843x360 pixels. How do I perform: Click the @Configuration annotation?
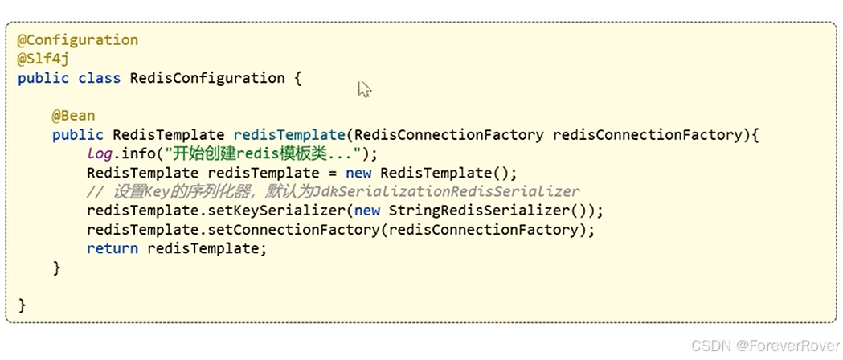(77, 40)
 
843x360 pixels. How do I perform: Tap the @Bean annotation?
(73, 116)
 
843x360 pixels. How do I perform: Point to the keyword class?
(99, 79)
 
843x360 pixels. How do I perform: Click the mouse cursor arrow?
(364, 89)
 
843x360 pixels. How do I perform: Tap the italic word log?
(100, 153)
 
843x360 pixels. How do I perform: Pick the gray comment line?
(333, 192)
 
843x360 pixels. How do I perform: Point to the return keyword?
(112, 249)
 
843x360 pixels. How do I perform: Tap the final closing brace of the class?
(22, 305)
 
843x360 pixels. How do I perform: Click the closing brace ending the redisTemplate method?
(56, 268)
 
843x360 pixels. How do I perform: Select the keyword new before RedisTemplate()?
(359, 173)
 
